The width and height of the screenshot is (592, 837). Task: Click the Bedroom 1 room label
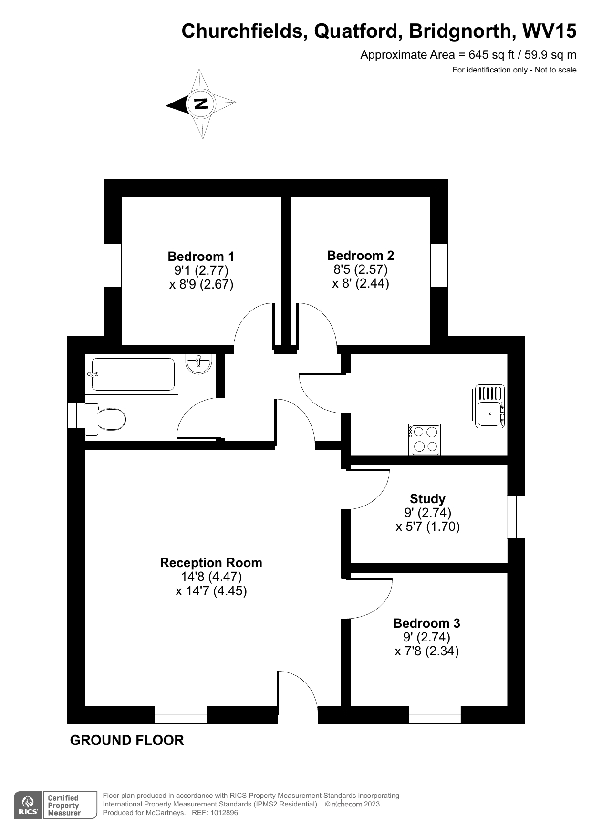click(201, 257)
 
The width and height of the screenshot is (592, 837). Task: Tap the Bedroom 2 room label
click(360, 256)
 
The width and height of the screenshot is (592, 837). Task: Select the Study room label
click(427, 499)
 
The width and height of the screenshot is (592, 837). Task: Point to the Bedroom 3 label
click(426, 623)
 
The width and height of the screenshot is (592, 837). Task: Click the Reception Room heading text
click(211, 563)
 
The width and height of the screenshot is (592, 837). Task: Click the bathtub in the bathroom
click(131, 375)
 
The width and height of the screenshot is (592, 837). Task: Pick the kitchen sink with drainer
click(490, 406)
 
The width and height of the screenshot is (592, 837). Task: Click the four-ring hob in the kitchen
click(425, 439)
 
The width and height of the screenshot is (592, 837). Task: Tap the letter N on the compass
click(201, 103)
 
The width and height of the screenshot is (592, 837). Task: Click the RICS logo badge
click(27, 806)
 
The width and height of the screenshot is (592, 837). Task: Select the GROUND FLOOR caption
click(127, 740)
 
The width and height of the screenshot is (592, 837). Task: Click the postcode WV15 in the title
click(550, 31)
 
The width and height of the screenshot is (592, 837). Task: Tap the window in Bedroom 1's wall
click(113, 265)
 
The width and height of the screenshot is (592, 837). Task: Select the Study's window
click(516, 517)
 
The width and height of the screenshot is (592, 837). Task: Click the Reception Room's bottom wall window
click(181, 714)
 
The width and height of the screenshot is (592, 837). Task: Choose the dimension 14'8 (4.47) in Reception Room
click(211, 577)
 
